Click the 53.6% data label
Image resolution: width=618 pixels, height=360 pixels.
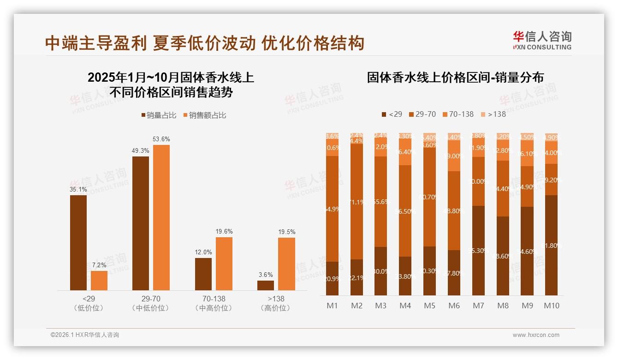161,139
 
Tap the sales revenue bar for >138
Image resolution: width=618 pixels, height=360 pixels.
286,264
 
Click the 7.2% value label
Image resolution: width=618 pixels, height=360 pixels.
99,265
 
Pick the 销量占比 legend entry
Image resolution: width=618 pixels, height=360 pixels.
159,115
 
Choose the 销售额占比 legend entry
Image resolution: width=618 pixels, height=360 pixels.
205,115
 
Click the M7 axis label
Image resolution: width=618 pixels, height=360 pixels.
478,306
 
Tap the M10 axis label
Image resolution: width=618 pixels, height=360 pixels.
551,306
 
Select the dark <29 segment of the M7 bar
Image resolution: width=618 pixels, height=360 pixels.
478,250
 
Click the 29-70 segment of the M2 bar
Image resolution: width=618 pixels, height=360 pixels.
357,202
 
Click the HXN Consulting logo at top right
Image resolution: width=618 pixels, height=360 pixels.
542,41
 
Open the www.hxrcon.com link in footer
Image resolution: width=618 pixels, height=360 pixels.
536,335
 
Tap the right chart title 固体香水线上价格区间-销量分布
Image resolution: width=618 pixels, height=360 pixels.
455,77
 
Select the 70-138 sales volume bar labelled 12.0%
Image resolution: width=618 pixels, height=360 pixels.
203,274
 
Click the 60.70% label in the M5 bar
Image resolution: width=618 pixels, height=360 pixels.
429,197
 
